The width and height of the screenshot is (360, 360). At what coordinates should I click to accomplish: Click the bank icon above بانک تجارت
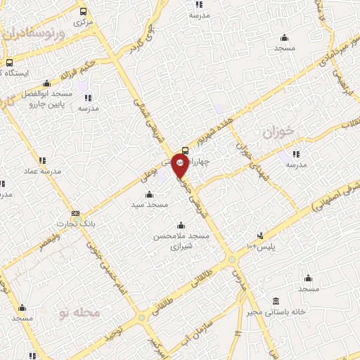tap(76, 214)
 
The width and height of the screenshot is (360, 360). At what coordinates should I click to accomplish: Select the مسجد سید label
tap(148, 205)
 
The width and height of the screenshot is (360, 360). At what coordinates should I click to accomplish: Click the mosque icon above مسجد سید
tap(148, 195)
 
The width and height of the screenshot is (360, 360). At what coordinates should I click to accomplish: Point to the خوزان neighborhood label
tap(276, 131)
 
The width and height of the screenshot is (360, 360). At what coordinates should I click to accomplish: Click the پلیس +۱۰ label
tap(262, 246)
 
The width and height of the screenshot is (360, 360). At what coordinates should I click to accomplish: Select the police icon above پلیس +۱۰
tap(260, 236)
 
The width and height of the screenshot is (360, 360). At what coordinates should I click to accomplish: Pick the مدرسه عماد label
tap(43, 171)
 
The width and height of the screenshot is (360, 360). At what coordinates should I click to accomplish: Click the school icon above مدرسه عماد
tap(42, 160)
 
